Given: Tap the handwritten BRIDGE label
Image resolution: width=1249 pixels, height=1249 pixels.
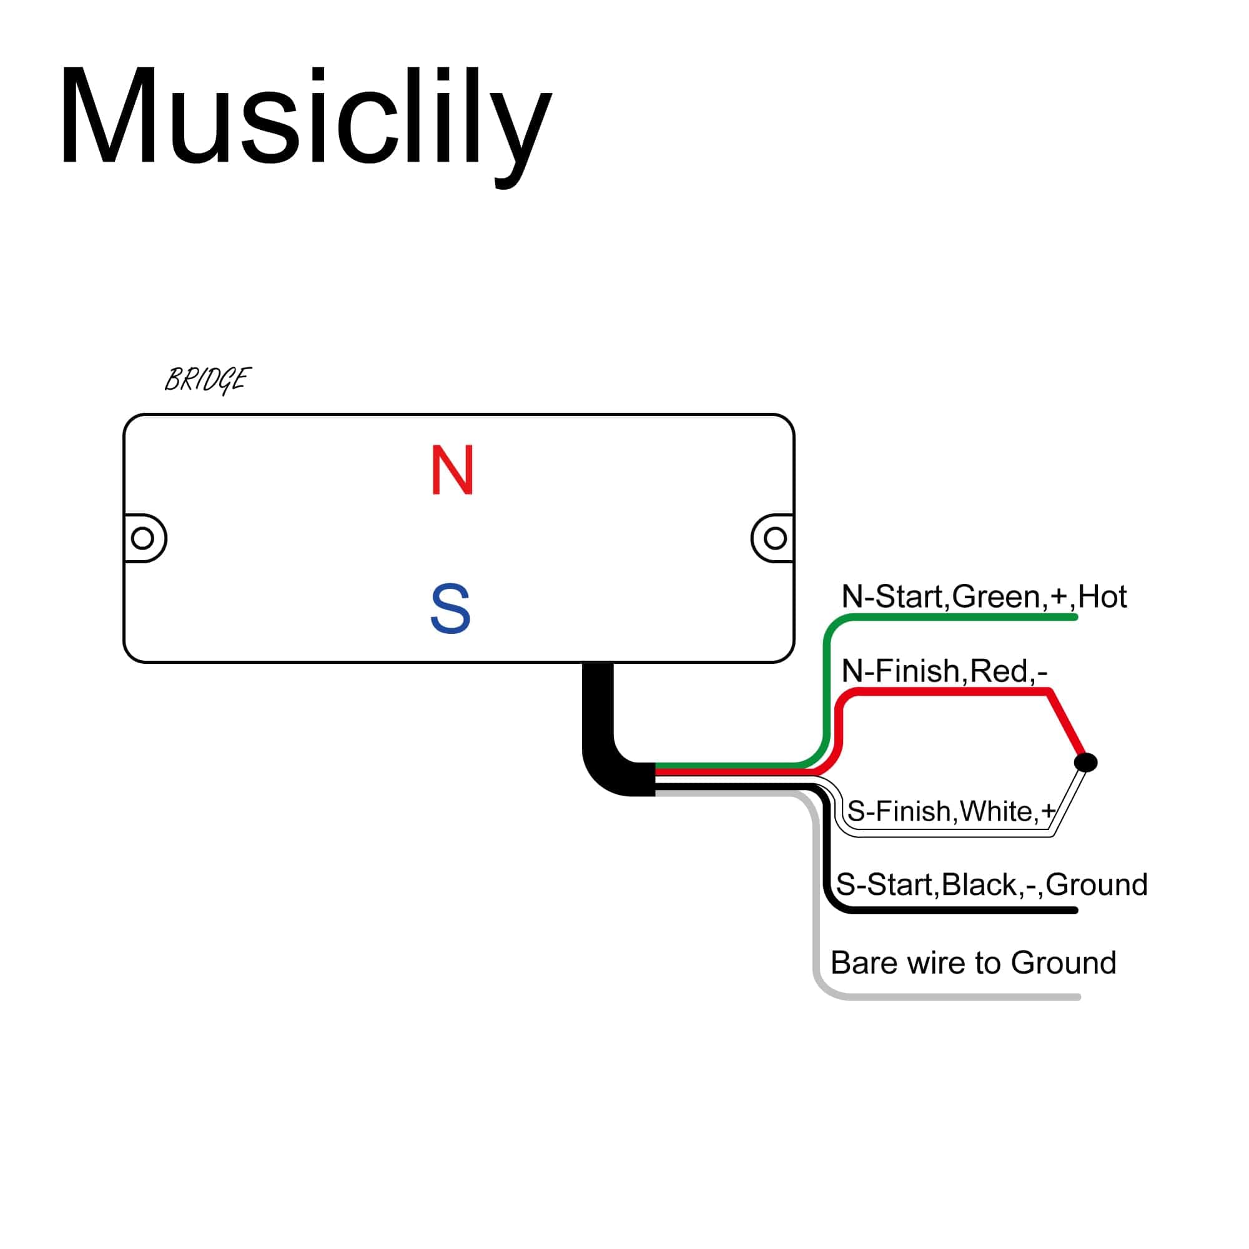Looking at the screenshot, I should pos(207,380).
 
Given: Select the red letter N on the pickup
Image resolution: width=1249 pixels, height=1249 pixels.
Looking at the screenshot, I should pos(453,470).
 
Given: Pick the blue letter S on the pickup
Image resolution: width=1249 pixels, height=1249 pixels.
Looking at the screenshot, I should pos(451,608).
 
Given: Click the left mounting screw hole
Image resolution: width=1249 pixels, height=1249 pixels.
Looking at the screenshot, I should pos(142,538).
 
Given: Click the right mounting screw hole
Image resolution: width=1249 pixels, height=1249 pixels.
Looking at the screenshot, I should pos(775,538).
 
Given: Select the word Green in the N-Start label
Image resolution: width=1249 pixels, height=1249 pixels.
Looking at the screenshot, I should pos(995,596).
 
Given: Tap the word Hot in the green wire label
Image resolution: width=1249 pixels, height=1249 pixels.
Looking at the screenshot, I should pos(1102,596).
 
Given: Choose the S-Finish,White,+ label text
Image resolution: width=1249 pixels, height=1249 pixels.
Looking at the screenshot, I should pos(950,811).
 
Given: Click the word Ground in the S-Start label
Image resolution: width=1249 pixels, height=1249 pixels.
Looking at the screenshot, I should pos(1097,884).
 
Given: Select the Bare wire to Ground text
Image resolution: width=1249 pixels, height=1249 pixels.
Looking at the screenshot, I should pos(973,962).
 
